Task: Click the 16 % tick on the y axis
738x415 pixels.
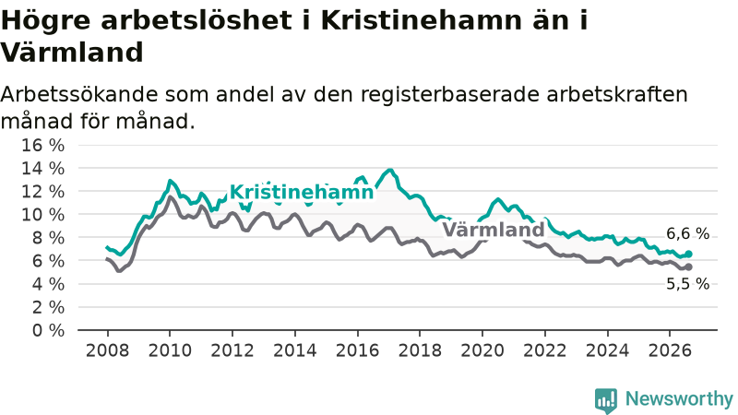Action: (x=42, y=145)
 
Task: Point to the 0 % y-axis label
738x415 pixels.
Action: (x=48, y=330)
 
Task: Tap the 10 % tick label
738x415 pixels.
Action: (x=42, y=215)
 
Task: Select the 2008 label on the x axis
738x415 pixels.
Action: (x=107, y=350)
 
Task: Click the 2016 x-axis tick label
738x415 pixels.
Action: (x=357, y=350)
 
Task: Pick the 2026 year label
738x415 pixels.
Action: (x=670, y=350)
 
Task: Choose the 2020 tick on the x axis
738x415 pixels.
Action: (x=482, y=350)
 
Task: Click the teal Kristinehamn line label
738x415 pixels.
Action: (x=302, y=192)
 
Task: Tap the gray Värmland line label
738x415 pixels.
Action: (x=494, y=230)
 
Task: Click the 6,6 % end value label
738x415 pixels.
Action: (x=687, y=233)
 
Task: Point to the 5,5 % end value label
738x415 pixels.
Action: (x=687, y=284)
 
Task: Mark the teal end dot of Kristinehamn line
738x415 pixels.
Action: (x=688, y=255)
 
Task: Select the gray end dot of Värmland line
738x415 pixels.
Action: (x=688, y=267)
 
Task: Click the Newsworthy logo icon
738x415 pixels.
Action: (x=606, y=400)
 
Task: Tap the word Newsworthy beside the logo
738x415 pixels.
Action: (x=679, y=399)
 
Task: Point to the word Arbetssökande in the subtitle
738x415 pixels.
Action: (x=79, y=95)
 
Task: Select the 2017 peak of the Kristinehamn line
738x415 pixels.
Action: (x=389, y=170)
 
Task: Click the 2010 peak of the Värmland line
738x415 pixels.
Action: (x=170, y=196)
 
